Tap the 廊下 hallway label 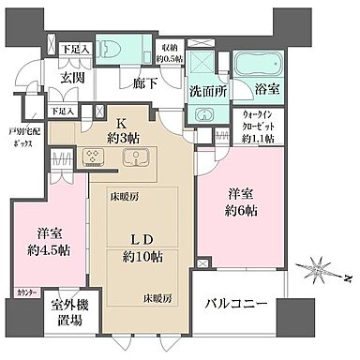pos(143,82)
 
